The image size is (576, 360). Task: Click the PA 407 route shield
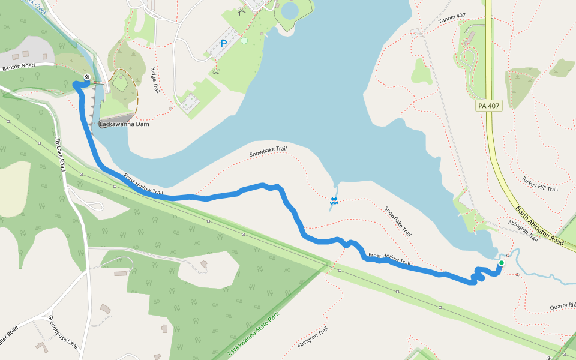(x=488, y=106)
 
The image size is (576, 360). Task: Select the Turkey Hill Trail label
(x=539, y=184)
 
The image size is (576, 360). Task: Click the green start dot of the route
(x=502, y=263)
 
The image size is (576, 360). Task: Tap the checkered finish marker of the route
(x=88, y=77)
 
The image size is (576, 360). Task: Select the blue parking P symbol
(x=224, y=43)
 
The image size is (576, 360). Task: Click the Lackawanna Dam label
(x=124, y=124)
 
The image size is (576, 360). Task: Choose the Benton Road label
(x=19, y=68)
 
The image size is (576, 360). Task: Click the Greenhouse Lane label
(x=62, y=332)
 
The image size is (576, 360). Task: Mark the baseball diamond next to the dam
(x=121, y=85)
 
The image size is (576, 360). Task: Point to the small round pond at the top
(x=289, y=10)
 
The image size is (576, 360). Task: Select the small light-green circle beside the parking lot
(x=244, y=41)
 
